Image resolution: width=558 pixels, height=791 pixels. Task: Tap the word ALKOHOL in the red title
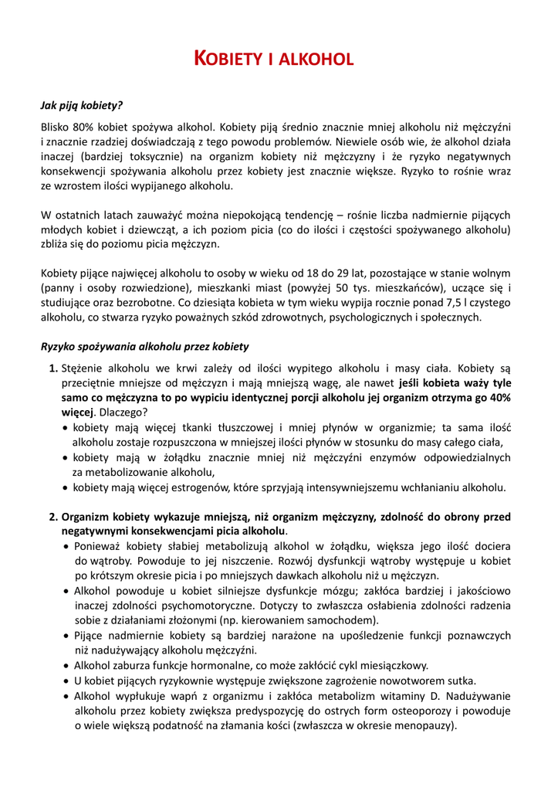319,59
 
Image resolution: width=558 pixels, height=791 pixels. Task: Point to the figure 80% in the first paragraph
85,126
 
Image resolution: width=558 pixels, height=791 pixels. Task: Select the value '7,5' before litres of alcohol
446,302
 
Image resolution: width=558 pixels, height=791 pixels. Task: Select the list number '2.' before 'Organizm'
54,517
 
